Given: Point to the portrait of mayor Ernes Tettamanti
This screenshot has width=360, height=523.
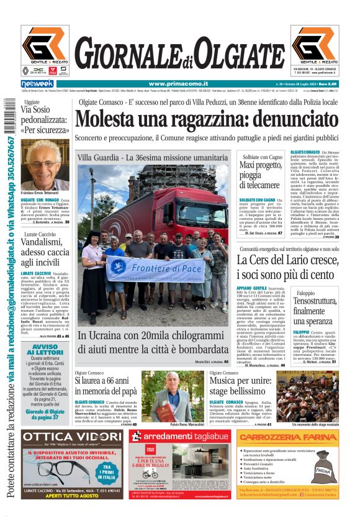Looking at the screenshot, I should pyautogui.click(x=45, y=163).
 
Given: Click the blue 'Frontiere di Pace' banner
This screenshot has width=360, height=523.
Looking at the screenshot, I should pyautogui.click(x=153, y=268).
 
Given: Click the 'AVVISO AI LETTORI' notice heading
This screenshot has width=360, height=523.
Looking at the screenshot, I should pyautogui.click(x=45, y=349).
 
